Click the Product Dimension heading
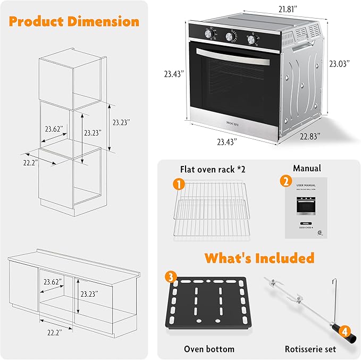[x=74, y=22]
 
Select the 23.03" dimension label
[x=339, y=63]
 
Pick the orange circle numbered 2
[x=286, y=181]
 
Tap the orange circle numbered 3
[x=170, y=277]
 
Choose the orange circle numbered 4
[x=345, y=331]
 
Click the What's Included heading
[x=259, y=258]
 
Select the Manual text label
[x=307, y=168]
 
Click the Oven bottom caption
[x=209, y=349]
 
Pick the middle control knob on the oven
[x=231, y=37]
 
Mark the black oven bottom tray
[x=208, y=306]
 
